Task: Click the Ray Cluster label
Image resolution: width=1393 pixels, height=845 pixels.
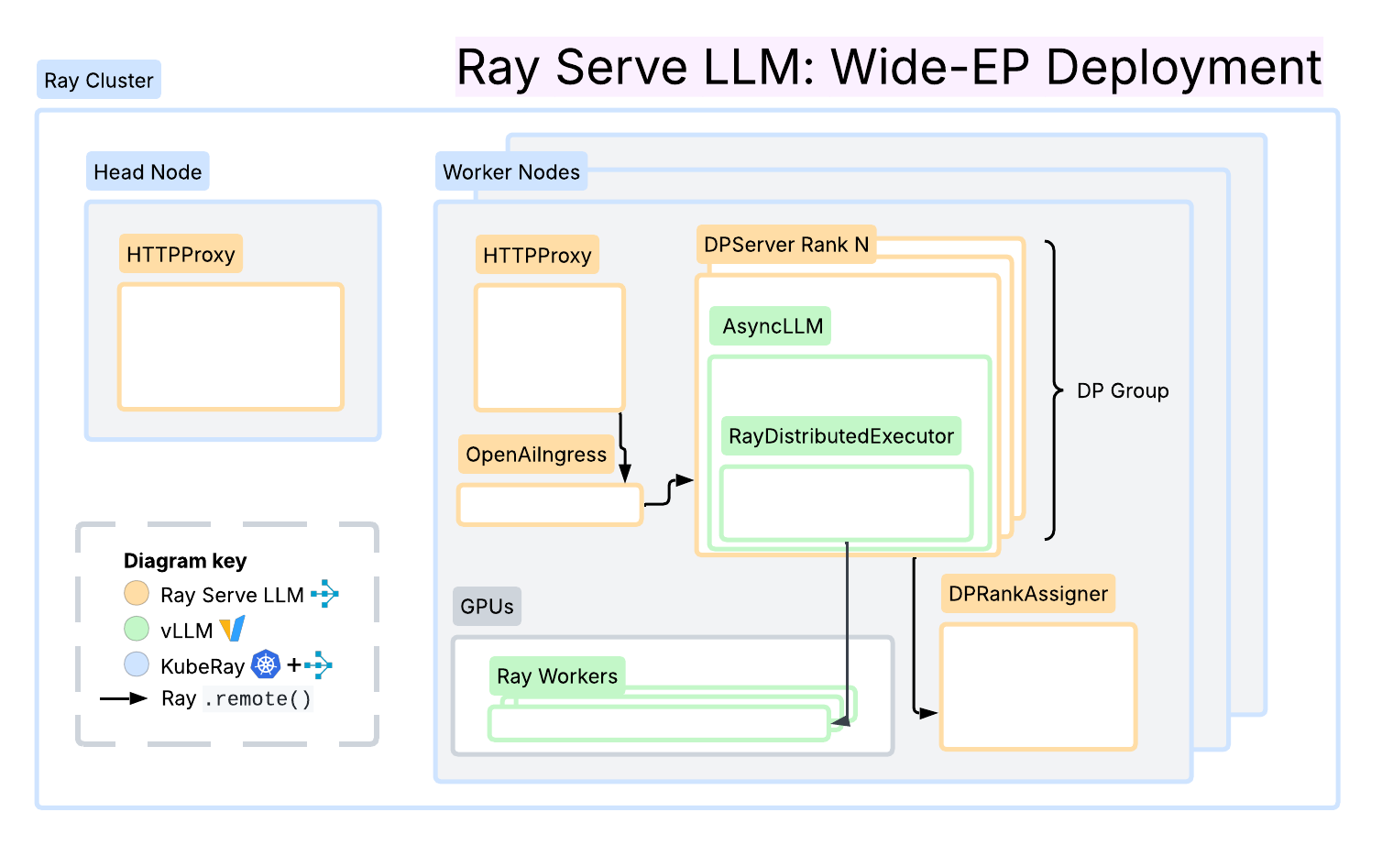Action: pos(98,81)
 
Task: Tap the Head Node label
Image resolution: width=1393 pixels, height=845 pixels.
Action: pos(148,172)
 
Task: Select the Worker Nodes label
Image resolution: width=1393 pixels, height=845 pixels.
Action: pos(510,172)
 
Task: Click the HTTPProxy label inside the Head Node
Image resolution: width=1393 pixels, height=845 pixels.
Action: pos(181,255)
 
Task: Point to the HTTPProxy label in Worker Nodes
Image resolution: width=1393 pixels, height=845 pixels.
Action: pos(537,256)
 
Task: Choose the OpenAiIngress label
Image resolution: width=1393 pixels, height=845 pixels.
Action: pos(536,455)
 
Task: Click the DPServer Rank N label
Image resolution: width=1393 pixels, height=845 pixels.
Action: pos(785,245)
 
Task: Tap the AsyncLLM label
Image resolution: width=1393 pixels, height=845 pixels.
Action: pos(772,326)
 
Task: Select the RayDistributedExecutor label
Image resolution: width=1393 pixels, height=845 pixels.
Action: pos(840,436)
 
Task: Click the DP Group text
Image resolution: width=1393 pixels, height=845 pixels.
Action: pos(1123,391)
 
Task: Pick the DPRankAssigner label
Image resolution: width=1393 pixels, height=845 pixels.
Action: pos(1027,594)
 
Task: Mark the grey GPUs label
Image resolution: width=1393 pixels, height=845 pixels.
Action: pos(487,607)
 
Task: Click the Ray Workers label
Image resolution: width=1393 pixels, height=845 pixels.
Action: pos(556,676)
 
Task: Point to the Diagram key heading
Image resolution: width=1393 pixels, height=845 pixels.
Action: pos(185,561)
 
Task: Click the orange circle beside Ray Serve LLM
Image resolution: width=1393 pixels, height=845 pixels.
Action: pos(137,594)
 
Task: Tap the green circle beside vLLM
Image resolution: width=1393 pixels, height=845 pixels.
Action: pos(137,629)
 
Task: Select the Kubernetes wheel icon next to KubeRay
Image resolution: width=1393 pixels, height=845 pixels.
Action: pos(266,664)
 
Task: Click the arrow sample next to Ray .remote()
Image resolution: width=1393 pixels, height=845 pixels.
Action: pos(124,698)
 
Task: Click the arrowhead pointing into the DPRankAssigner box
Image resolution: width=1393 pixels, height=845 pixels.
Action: pos(928,713)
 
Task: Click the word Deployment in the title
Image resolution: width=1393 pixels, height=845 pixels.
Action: pos(1183,67)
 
